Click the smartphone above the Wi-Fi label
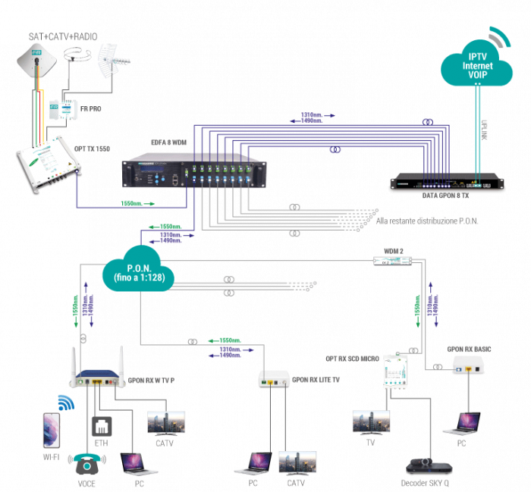click(47, 429)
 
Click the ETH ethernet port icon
click(101, 426)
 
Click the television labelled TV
click(371, 422)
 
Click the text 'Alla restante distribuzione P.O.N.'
click(426, 221)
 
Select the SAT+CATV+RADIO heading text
click(63, 36)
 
